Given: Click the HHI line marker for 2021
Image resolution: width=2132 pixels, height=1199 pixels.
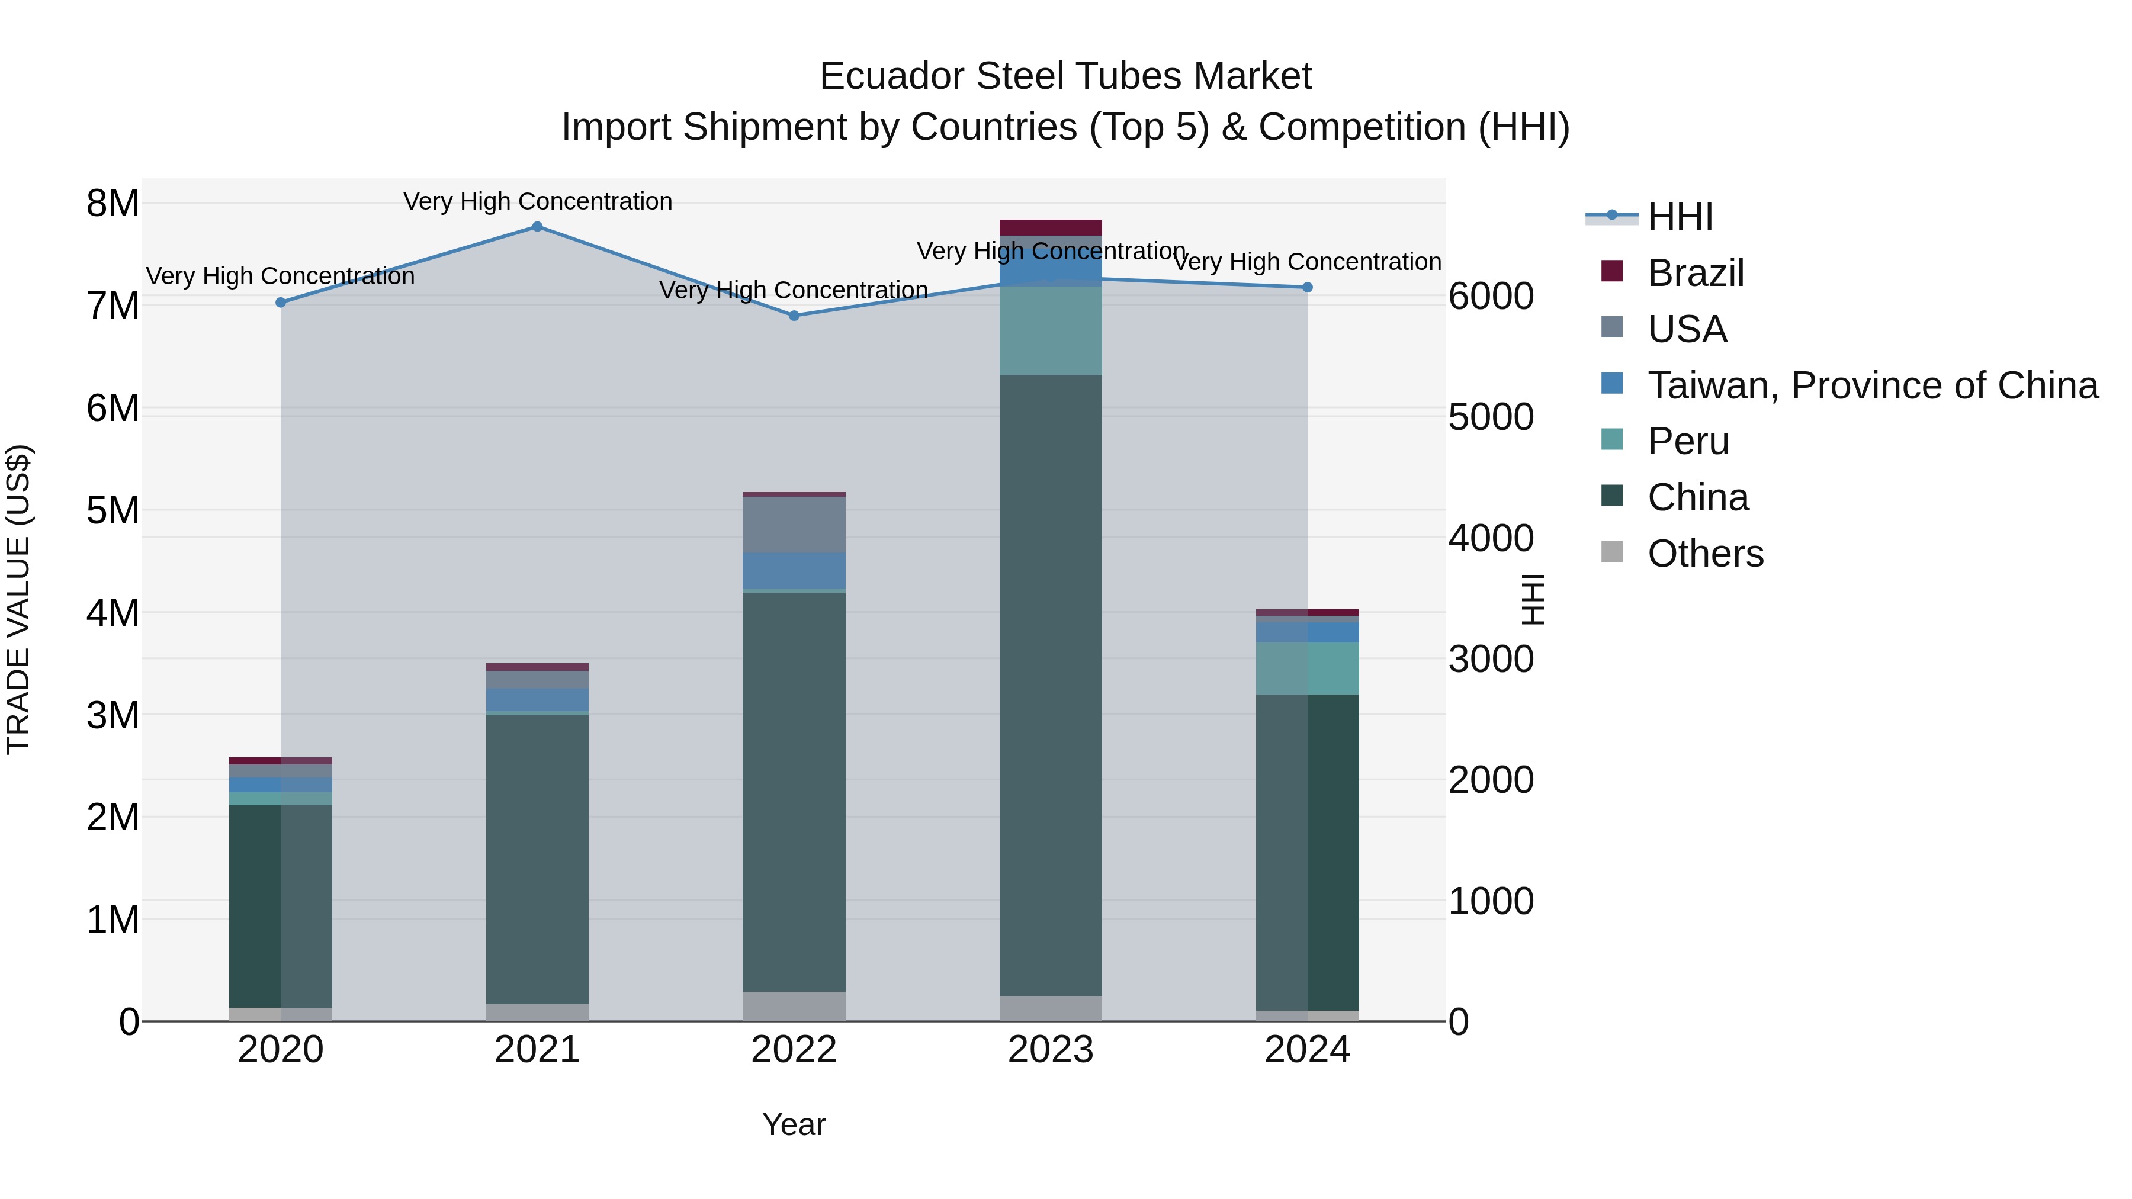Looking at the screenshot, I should pyautogui.click(x=537, y=227).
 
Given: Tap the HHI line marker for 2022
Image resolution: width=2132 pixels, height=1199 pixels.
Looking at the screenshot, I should pyautogui.click(x=794, y=315).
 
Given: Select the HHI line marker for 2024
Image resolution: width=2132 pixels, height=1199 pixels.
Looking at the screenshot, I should pyautogui.click(x=1307, y=287).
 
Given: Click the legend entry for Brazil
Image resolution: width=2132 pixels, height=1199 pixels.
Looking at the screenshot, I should pyautogui.click(x=1694, y=273).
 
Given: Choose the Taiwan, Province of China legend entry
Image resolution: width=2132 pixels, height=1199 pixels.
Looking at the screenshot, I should pyautogui.click(x=1871, y=385).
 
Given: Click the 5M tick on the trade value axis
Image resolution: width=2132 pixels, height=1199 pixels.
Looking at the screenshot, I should pyautogui.click(x=113, y=510).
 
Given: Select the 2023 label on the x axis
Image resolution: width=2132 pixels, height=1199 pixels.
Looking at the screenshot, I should pyautogui.click(x=1050, y=1050).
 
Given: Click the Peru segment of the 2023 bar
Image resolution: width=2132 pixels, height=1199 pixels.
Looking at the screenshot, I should pyautogui.click(x=1050, y=330).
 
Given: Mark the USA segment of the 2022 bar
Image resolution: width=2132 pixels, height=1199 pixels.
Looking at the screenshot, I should pyautogui.click(x=794, y=525).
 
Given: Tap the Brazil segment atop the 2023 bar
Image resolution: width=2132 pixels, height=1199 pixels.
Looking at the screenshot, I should pyautogui.click(x=1050, y=227).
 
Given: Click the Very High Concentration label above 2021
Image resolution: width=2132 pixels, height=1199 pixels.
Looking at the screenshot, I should pyautogui.click(x=537, y=201).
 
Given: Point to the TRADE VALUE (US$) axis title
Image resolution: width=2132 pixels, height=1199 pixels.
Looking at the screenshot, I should pyautogui.click(x=18, y=599).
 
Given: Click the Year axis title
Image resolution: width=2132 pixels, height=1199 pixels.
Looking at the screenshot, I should pyautogui.click(x=793, y=1124).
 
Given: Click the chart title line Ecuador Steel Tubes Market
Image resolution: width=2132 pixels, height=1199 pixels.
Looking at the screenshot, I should pyautogui.click(x=1065, y=76).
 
